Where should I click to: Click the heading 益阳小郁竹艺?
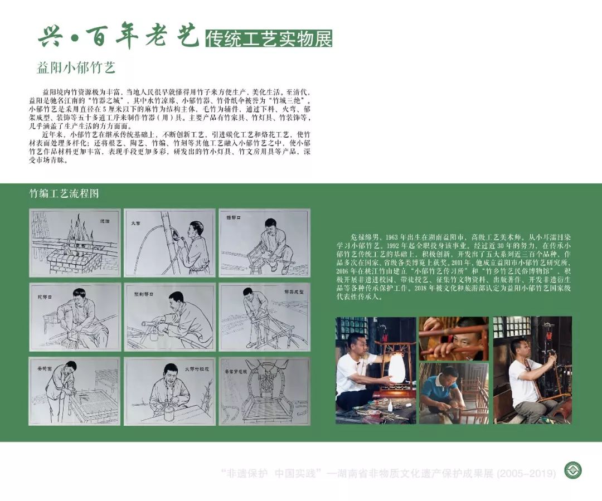tap(75, 68)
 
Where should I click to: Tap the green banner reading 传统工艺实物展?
tap(269, 38)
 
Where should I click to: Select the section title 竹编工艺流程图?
tap(64, 193)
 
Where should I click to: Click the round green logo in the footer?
tap(572, 470)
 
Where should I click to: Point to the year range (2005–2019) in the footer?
tap(529, 474)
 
